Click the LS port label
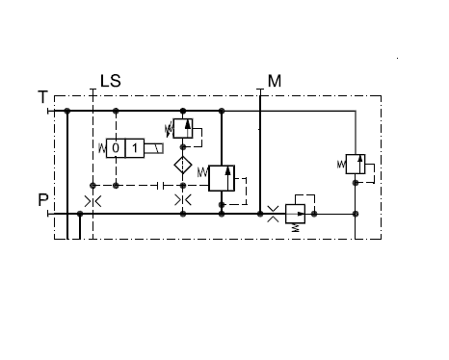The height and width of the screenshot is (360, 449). pos(111,81)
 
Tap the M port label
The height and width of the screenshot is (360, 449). pos(275,81)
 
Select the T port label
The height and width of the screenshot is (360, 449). pos(42,97)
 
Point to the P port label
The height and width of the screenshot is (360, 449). pos(43,200)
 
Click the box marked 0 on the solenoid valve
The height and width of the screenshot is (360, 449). pos(116,148)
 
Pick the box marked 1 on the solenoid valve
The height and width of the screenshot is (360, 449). pos(135,148)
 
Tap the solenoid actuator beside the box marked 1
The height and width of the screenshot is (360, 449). pos(154,148)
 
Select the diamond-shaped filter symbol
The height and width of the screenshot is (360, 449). pos(183,165)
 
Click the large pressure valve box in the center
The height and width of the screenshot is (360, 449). pos(222,178)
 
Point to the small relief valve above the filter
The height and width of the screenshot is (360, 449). pos(183,128)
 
